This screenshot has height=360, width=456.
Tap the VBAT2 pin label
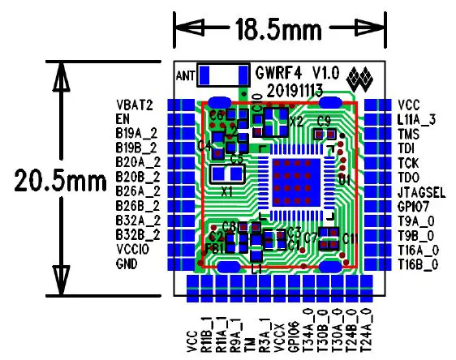point(135,105)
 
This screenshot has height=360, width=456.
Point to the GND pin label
point(127,264)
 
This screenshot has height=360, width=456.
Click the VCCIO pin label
point(133,250)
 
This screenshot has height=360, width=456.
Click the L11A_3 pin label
point(417,119)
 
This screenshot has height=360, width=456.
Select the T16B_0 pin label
point(418,264)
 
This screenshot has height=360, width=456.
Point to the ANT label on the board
point(186,75)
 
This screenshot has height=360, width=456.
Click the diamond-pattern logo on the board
point(359,79)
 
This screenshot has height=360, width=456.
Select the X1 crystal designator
point(228,192)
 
